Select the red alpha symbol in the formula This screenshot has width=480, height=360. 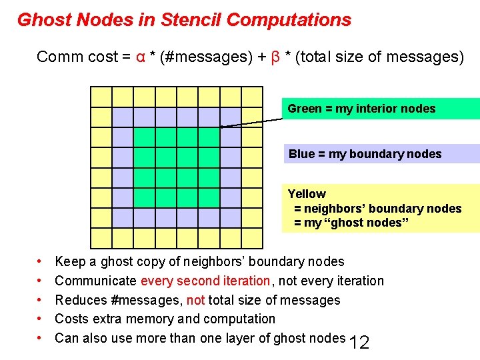[141, 57]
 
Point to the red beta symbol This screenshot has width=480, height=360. [275, 57]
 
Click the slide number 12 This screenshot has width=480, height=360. [359, 343]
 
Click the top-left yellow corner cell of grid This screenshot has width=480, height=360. [101, 97]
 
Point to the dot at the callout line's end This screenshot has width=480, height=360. [221, 126]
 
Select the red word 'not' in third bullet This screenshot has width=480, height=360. [195, 300]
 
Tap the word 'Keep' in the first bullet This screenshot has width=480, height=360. [69, 262]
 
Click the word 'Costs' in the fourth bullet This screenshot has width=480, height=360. [71, 319]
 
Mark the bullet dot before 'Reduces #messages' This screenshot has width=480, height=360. [41, 301]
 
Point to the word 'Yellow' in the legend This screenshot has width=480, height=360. [307, 194]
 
